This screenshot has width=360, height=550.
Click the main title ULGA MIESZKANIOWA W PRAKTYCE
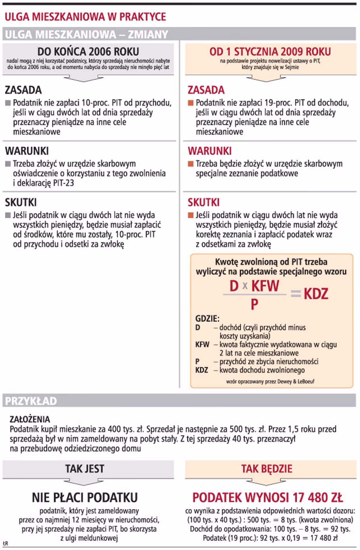(85, 17)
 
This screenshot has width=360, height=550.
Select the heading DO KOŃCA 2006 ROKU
(88, 51)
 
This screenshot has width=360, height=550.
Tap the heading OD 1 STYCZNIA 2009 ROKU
(270, 52)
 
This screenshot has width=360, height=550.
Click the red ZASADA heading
(206, 90)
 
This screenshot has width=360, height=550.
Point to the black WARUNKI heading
(27, 151)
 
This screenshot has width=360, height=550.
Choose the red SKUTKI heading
(203, 202)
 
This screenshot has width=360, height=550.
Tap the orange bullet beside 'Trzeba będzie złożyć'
(190, 164)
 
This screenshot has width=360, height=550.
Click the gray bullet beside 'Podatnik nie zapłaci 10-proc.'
(8, 103)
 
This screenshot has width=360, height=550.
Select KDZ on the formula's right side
(316, 294)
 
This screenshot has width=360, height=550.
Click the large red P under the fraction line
(254, 304)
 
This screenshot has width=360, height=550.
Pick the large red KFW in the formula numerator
(265, 286)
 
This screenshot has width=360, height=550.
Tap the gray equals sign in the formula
(295, 294)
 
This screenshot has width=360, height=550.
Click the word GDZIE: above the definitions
(207, 319)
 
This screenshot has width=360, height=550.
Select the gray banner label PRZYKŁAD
(31, 401)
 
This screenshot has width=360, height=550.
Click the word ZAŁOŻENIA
(30, 419)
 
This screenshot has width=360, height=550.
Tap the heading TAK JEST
(85, 469)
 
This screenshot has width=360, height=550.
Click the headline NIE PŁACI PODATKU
(85, 497)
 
